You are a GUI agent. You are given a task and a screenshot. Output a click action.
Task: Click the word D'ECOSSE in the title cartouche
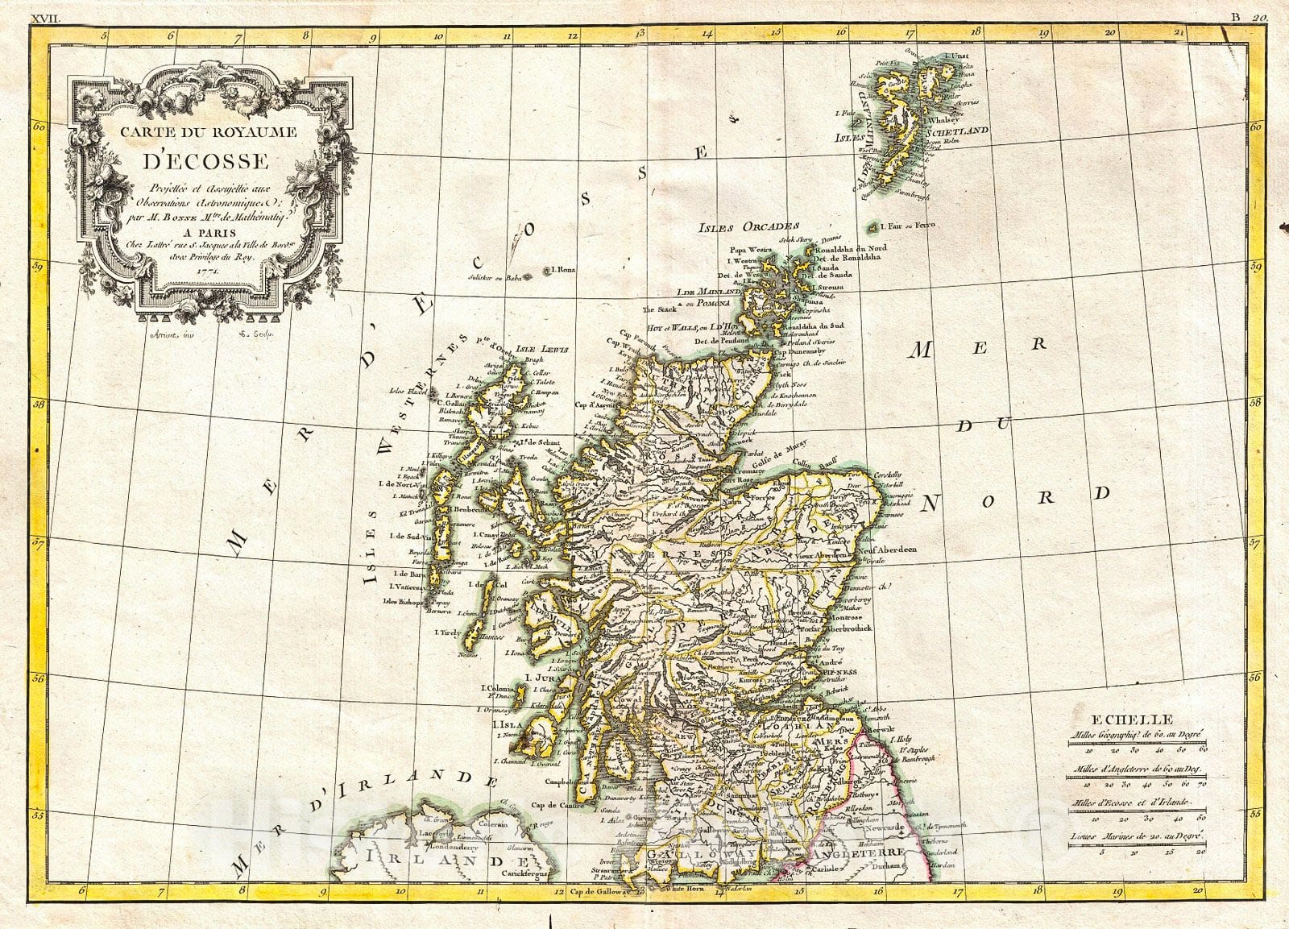coord(207,160)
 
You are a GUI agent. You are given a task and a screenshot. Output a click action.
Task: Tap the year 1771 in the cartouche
coord(208,272)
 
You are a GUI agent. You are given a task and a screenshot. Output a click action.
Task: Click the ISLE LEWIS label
coord(546,350)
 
